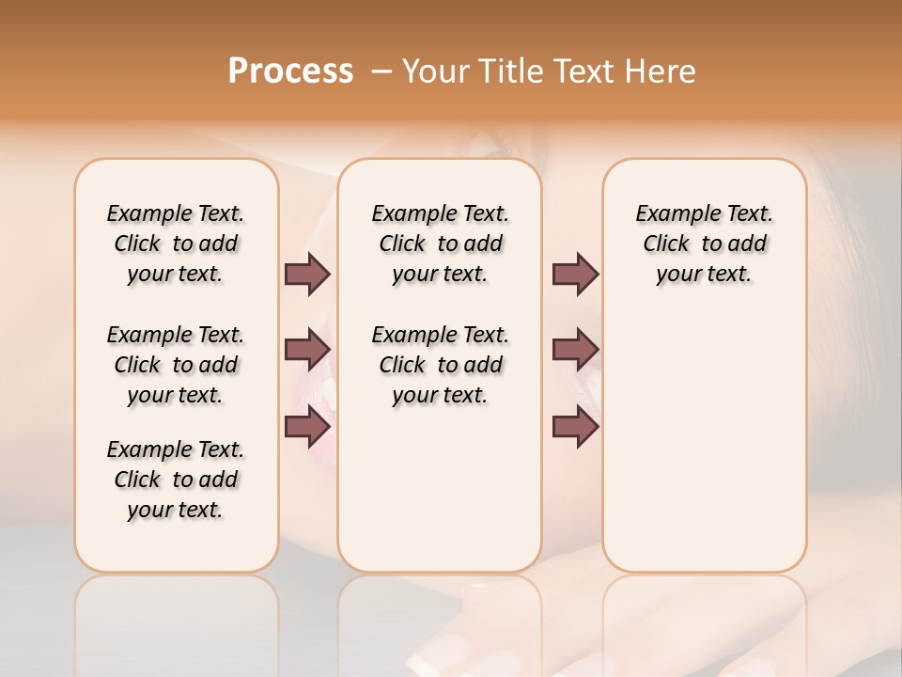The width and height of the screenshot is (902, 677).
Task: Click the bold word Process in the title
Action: [x=290, y=71]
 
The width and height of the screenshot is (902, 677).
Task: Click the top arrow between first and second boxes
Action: [x=307, y=275]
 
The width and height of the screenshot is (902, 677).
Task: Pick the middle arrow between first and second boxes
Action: [x=307, y=350]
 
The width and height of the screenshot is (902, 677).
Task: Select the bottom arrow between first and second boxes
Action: [x=307, y=428]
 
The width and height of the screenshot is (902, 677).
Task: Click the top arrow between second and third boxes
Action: [x=575, y=275]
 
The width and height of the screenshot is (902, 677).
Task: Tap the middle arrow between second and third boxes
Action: [x=575, y=350]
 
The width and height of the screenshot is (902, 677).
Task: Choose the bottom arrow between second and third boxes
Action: [x=575, y=428]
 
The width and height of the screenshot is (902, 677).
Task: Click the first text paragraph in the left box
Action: [x=176, y=244]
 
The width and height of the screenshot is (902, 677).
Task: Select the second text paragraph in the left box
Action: [x=176, y=365]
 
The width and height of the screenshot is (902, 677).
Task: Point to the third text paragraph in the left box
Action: [x=176, y=480]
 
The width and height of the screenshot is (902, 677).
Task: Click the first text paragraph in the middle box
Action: [x=440, y=244]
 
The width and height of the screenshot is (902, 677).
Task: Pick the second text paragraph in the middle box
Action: [x=440, y=365]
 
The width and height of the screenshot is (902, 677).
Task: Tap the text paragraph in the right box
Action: [x=704, y=244]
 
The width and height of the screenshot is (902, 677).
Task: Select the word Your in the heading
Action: [x=436, y=71]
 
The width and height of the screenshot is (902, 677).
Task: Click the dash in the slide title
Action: [x=381, y=71]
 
